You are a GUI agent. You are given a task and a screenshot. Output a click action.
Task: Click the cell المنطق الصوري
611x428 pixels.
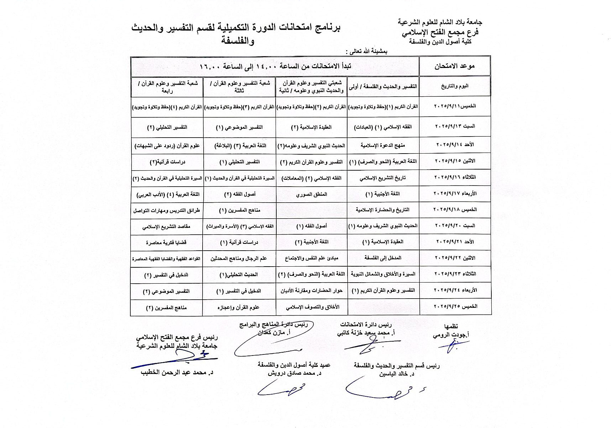312,194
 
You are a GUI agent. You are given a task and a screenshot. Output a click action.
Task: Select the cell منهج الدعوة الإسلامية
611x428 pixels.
383,145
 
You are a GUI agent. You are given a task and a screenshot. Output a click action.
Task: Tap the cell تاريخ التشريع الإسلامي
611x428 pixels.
383,178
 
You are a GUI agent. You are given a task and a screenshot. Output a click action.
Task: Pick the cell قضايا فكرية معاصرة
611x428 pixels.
166,242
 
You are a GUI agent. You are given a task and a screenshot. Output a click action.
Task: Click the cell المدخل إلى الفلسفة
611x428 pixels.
383,258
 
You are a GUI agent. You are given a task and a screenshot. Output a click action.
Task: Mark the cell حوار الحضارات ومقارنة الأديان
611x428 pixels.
312,291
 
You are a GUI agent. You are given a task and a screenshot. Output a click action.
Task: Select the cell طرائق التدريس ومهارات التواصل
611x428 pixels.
166,210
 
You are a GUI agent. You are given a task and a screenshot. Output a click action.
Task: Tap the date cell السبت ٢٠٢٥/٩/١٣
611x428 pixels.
455,127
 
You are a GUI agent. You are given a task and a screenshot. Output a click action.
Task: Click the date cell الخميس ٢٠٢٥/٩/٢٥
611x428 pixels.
455,306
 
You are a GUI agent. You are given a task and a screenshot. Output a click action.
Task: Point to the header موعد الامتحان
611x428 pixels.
455,66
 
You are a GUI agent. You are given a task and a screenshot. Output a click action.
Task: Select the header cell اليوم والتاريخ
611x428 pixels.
455,86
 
